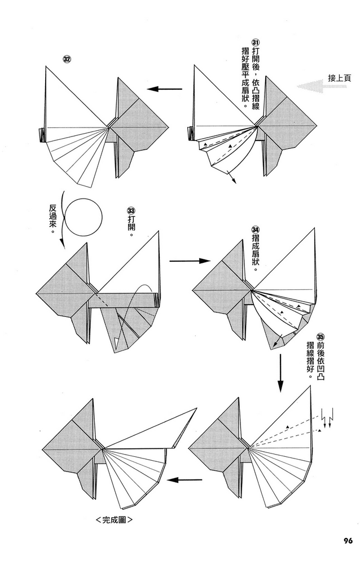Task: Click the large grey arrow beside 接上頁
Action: point(312,86)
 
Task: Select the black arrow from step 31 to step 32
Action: point(169,89)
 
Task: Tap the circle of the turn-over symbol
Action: point(86,217)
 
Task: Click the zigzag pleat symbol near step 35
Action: point(326,419)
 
